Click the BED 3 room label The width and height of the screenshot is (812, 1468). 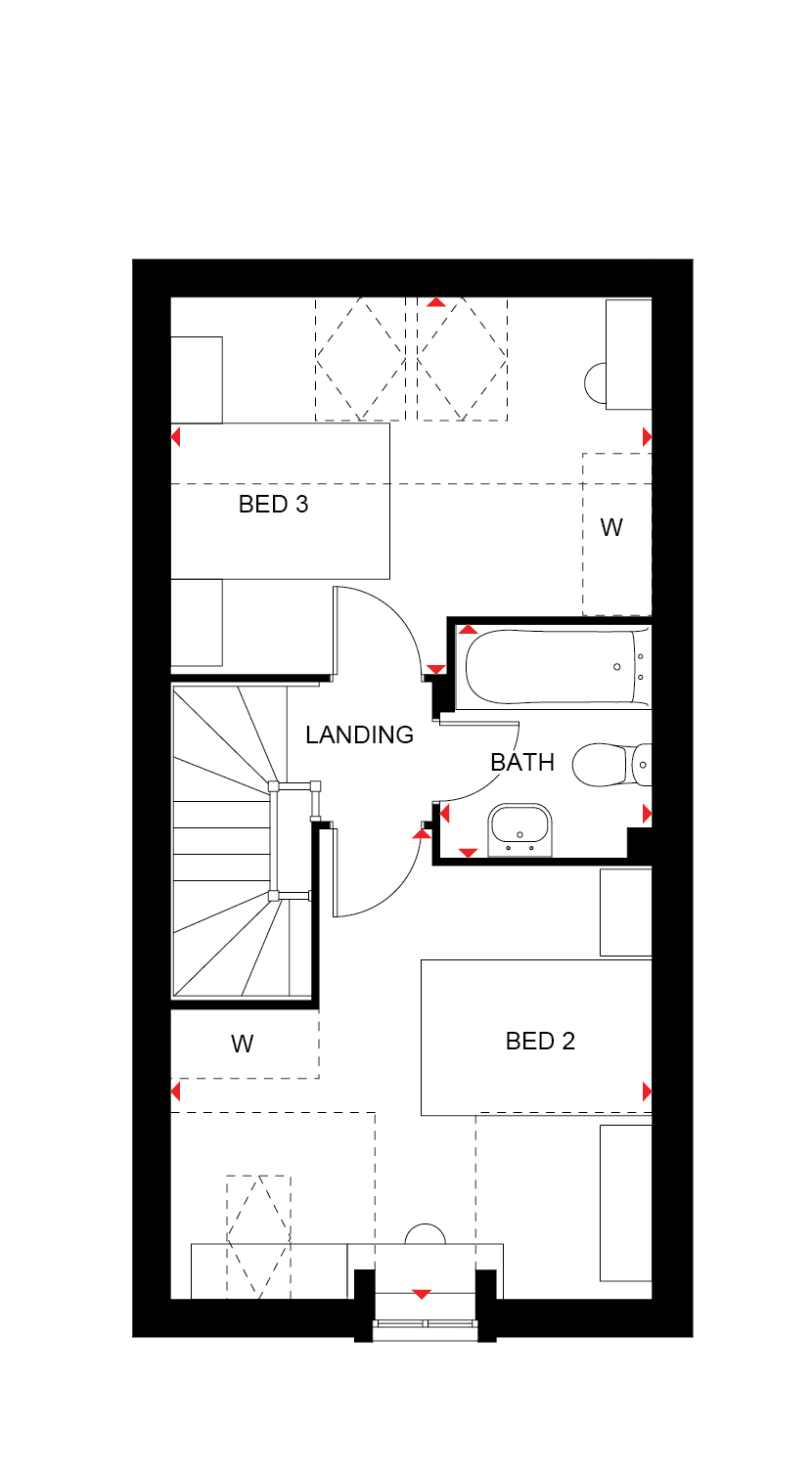pyautogui.click(x=273, y=504)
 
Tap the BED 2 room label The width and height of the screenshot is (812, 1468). pyautogui.click(x=540, y=1041)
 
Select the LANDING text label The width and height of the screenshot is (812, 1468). pyautogui.click(x=359, y=734)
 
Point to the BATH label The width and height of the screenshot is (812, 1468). pyautogui.click(x=522, y=762)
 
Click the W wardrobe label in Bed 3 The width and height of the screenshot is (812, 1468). pyautogui.click(x=610, y=527)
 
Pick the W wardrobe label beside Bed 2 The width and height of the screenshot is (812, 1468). pyautogui.click(x=242, y=1044)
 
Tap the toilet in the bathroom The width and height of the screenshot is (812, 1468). pyautogui.click(x=611, y=764)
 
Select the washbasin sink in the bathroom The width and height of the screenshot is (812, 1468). pyautogui.click(x=519, y=830)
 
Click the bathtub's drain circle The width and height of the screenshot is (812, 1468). pyautogui.click(x=616, y=667)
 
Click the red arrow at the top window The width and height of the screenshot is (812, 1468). pyautogui.click(x=435, y=302)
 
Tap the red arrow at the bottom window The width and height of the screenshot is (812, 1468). pyautogui.click(x=422, y=1294)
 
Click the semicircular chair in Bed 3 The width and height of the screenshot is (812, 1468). pyautogui.click(x=595, y=383)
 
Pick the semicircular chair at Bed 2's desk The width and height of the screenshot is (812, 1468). pyautogui.click(x=426, y=1234)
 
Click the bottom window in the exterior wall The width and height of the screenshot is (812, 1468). pyautogui.click(x=426, y=1324)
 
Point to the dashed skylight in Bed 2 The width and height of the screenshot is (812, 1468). pyautogui.click(x=259, y=1236)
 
